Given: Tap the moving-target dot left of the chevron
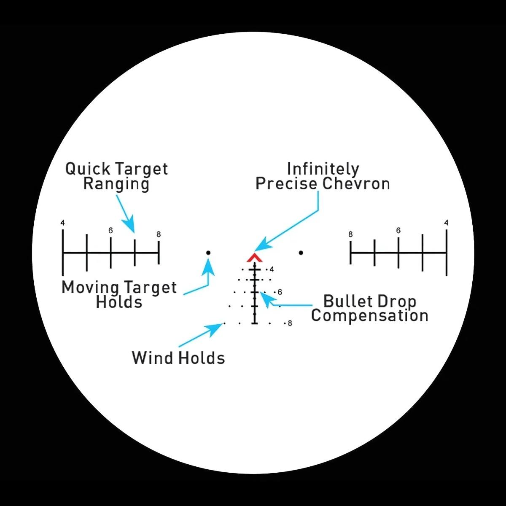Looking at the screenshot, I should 208,253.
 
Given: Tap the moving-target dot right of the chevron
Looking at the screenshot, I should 301,253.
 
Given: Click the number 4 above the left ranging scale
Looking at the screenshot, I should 62,223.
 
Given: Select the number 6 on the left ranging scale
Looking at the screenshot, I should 110,231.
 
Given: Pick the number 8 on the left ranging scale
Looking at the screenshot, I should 159,234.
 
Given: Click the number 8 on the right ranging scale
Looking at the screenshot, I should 350,234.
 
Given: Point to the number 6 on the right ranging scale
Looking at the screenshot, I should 398,231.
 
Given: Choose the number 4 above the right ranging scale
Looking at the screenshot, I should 446,223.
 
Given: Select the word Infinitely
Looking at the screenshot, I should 323,169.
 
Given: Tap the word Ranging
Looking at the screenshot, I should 116,184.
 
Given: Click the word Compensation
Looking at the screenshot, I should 370,316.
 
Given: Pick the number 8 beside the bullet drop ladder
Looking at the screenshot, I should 290,323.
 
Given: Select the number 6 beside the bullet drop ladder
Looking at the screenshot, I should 280,292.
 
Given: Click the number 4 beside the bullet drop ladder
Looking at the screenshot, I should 272,269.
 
